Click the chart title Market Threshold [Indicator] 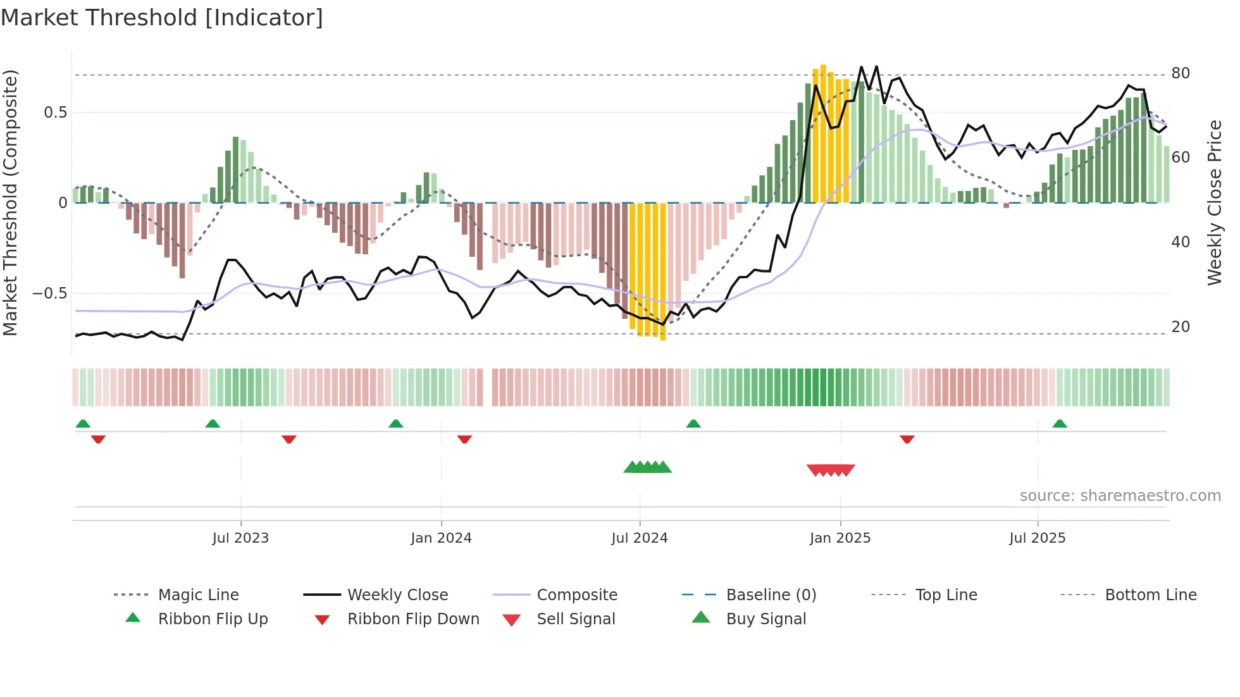tap(162, 18)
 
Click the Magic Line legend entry tap(198, 595)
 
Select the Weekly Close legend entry tap(397, 595)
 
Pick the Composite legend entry tap(576, 595)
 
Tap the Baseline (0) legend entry tap(771, 595)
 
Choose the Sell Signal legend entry tap(575, 619)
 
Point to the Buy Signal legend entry tap(766, 619)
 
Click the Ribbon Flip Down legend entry tap(412, 619)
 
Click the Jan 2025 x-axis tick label tap(840, 538)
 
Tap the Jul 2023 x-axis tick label tap(240, 538)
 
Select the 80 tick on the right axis tap(1181, 73)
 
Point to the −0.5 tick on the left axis tap(49, 293)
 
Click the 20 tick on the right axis tap(1181, 327)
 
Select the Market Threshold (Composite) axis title tap(10, 202)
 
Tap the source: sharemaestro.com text tap(1120, 496)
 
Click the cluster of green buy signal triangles tap(647, 467)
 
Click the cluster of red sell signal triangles tap(831, 470)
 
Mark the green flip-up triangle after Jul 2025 tap(1060, 424)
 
